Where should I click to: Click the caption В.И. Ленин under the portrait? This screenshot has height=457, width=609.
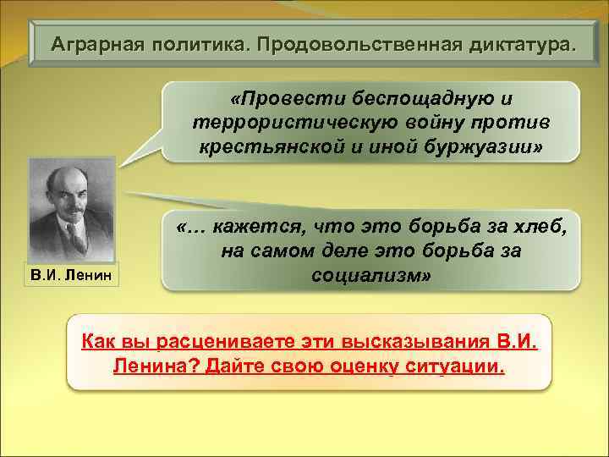[x=71, y=274]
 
